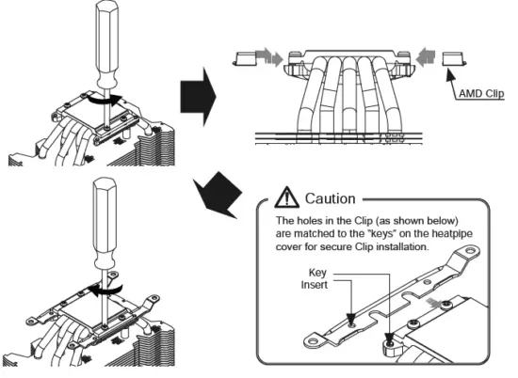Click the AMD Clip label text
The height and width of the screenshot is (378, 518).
coord(481,94)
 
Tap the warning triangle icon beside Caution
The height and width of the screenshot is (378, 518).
coord(286,197)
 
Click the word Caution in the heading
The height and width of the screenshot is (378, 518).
coord(330,198)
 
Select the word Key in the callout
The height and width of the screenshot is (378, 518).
coord(317,273)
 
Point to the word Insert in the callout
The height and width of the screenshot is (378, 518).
coord(315,285)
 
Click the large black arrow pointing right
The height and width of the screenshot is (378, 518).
coord(198,97)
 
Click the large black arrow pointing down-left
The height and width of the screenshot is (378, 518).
coord(219,196)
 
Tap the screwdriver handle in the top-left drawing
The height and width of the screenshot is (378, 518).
coord(107,43)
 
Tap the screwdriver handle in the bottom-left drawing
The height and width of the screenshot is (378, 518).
coord(105,223)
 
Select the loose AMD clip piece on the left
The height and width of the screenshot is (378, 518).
coord(245,58)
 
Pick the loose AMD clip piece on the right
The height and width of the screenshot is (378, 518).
coord(454,58)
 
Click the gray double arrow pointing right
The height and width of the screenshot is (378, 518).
coord(269,56)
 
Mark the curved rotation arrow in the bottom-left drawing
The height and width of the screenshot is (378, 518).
coord(105,290)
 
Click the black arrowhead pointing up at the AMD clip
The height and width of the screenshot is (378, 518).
coord(450,74)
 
